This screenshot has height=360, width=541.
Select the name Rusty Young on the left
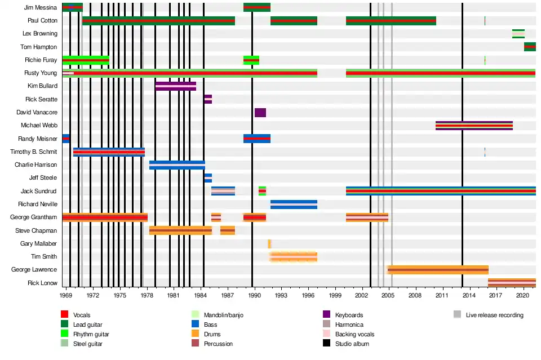coord(41,73)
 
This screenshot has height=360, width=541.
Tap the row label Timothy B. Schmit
coord(34,152)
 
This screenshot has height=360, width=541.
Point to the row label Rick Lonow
coord(42,283)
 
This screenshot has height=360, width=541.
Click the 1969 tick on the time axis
coord(66,295)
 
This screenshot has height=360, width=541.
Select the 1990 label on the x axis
coord(254,295)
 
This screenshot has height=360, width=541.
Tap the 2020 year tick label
coord(522,295)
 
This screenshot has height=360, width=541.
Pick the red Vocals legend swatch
coord(64,315)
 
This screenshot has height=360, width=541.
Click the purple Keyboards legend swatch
coord(326,315)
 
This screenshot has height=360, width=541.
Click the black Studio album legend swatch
coord(326,344)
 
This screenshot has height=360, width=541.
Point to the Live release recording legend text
coord(494,315)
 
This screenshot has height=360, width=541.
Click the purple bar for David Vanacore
coord(260,113)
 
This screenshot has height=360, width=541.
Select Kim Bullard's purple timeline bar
coord(176,86)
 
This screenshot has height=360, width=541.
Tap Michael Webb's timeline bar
coord(474,126)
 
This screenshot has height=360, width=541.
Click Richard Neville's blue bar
coord(294,205)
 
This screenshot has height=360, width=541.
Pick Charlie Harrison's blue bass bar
coord(177,165)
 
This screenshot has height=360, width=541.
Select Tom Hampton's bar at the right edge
coord(530,47)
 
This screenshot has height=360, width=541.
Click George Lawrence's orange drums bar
coord(438,270)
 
